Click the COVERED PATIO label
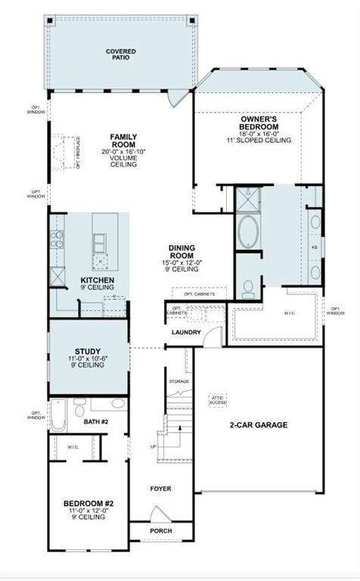click(x=121, y=54)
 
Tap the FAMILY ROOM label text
click(x=123, y=140)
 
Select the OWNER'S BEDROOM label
click(x=259, y=123)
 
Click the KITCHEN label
click(x=98, y=280)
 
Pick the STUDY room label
click(x=89, y=351)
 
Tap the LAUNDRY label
click(x=186, y=332)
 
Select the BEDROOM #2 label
click(x=88, y=503)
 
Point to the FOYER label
click(x=160, y=489)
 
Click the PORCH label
click(x=160, y=531)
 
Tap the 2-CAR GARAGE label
click(x=259, y=425)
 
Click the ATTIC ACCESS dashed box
click(x=219, y=400)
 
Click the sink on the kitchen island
click(x=100, y=242)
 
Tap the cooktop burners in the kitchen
click(x=57, y=240)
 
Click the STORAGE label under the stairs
click(x=178, y=381)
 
